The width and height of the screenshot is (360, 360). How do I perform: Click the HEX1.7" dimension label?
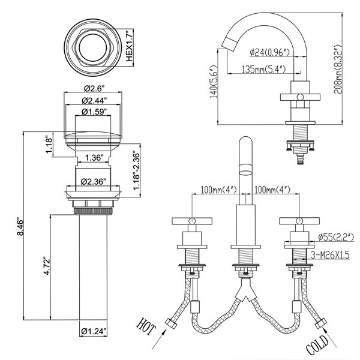[x=130, y=46]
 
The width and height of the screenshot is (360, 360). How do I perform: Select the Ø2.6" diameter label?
[x=94, y=88]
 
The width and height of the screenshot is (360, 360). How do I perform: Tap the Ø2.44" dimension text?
[x=94, y=100]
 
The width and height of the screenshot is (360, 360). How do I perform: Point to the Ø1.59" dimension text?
[x=94, y=112]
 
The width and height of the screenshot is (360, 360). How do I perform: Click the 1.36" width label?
[x=93, y=158]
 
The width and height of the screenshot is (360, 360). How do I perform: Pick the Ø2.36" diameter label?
[x=93, y=182]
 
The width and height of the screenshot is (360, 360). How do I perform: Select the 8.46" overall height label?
[x=20, y=227]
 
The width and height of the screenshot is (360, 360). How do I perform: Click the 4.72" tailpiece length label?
[x=47, y=267]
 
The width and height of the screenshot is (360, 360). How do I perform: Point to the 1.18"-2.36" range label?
[x=136, y=170]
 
